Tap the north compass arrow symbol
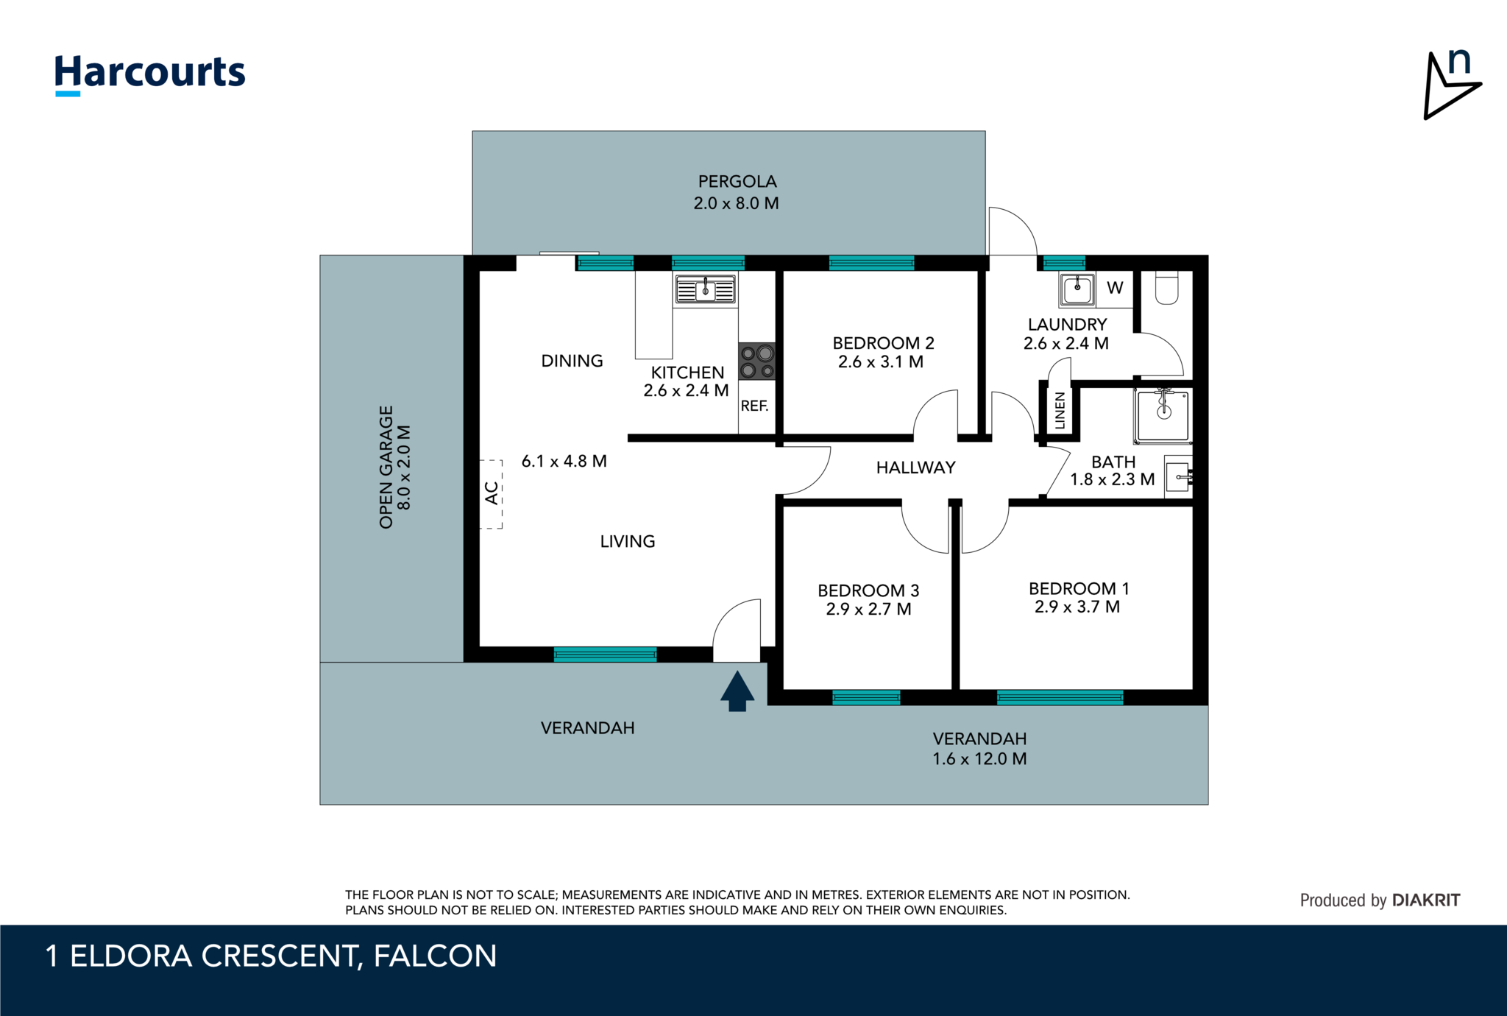click(1450, 85)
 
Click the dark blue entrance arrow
click(737, 691)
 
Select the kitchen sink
click(705, 290)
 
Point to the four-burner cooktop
click(757, 361)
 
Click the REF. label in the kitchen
click(754, 406)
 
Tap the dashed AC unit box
click(492, 494)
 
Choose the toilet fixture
click(1167, 288)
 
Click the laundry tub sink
click(1077, 289)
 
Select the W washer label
click(1115, 288)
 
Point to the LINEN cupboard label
click(1060, 411)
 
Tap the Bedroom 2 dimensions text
click(881, 361)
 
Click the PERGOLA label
click(737, 181)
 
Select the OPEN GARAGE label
click(386, 467)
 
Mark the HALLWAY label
click(916, 468)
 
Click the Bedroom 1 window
click(1060, 698)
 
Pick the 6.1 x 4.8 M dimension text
click(564, 461)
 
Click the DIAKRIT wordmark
click(1426, 900)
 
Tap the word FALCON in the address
click(436, 956)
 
